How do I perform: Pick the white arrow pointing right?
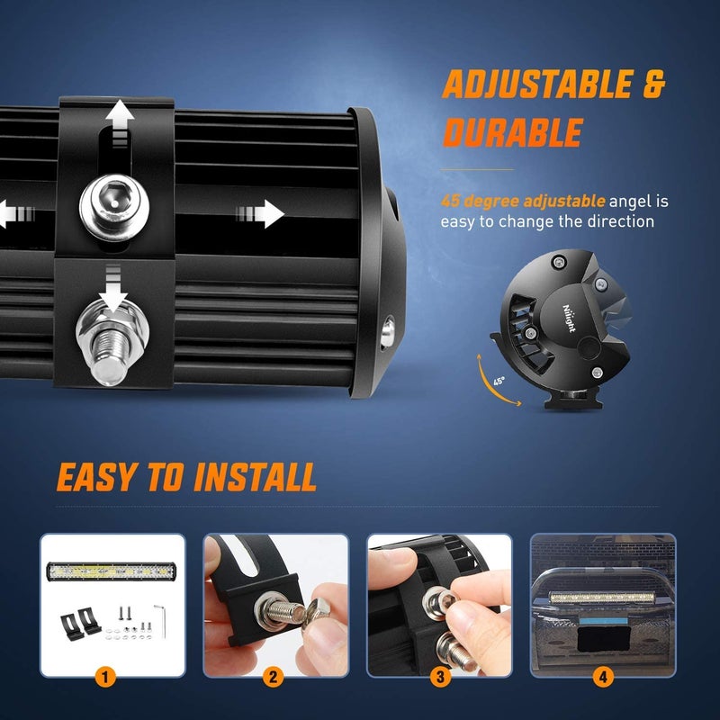261,213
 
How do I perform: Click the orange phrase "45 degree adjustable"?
523,201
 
